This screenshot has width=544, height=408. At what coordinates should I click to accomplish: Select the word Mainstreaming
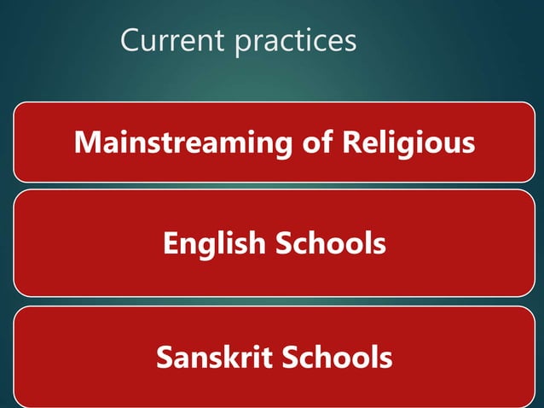182,143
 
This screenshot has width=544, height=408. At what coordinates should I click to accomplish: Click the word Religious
408,143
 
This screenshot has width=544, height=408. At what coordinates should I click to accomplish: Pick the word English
215,245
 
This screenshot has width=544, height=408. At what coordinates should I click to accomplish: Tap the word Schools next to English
330,244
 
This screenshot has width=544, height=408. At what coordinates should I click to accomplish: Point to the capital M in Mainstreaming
86,142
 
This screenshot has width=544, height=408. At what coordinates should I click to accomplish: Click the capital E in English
170,244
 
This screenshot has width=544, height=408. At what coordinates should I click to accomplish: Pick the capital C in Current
130,40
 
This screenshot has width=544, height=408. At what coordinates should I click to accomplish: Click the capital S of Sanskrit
165,357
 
